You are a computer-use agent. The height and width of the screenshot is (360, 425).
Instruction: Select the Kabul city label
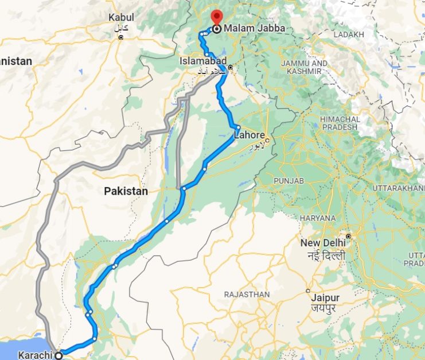(121, 18)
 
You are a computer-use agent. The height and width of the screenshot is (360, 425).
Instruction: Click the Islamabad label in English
(203, 61)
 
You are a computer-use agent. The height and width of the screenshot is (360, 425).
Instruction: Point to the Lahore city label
(249, 136)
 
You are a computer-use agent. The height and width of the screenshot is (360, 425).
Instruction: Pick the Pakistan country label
(126, 191)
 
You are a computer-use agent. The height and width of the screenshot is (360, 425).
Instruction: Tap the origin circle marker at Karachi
(59, 355)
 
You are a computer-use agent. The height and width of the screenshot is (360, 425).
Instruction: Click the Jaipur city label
(325, 298)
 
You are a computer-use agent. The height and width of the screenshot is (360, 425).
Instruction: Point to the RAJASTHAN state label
(247, 295)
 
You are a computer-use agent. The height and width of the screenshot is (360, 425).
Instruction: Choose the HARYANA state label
(317, 218)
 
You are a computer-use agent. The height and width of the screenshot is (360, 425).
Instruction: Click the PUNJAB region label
(288, 181)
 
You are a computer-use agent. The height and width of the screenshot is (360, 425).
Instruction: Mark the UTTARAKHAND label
(399, 188)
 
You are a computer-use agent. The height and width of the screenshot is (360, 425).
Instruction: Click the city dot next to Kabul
(121, 37)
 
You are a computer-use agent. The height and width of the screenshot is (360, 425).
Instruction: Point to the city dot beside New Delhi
(348, 237)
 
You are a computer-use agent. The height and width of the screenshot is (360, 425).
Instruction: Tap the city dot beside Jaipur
(309, 291)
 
